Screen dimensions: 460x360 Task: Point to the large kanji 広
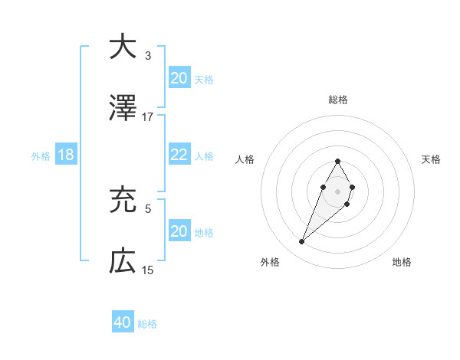(x=123, y=263)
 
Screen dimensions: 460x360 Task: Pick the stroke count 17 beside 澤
(x=148, y=117)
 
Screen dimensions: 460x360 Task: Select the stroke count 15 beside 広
(x=148, y=270)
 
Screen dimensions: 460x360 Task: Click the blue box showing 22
(x=179, y=155)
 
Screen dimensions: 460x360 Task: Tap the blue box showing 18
(x=66, y=155)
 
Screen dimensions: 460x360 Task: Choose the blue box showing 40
(x=123, y=323)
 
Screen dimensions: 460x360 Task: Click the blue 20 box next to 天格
(x=179, y=78)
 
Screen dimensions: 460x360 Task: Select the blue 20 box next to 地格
(x=179, y=231)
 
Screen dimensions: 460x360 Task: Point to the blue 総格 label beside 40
(x=147, y=324)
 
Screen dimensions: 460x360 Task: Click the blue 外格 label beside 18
(x=41, y=155)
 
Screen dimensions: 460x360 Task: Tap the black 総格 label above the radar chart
(x=337, y=100)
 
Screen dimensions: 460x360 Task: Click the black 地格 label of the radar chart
(x=402, y=262)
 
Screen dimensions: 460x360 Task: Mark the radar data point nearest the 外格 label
(x=301, y=242)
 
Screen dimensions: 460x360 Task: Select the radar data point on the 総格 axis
(x=337, y=161)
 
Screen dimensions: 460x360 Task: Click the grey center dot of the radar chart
(x=337, y=190)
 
